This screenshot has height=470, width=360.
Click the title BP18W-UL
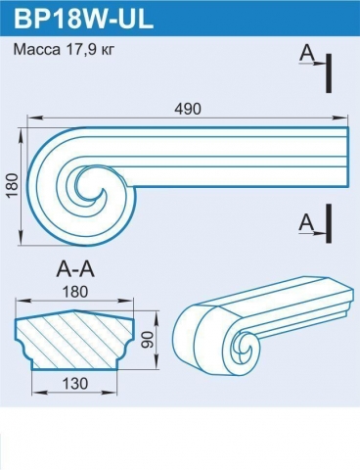coord(83,19)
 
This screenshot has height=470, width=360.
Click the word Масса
coord(37,50)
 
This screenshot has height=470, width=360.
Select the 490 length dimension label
coord(188,109)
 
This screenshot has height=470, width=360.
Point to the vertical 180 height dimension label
coord(12,185)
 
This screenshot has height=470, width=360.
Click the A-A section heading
coord(75,270)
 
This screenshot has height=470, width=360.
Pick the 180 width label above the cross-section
coord(74,292)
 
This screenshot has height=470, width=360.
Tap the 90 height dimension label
coord(148,340)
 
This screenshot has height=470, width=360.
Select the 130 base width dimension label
coord(74,384)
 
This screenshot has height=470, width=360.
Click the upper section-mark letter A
coord(307,54)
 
